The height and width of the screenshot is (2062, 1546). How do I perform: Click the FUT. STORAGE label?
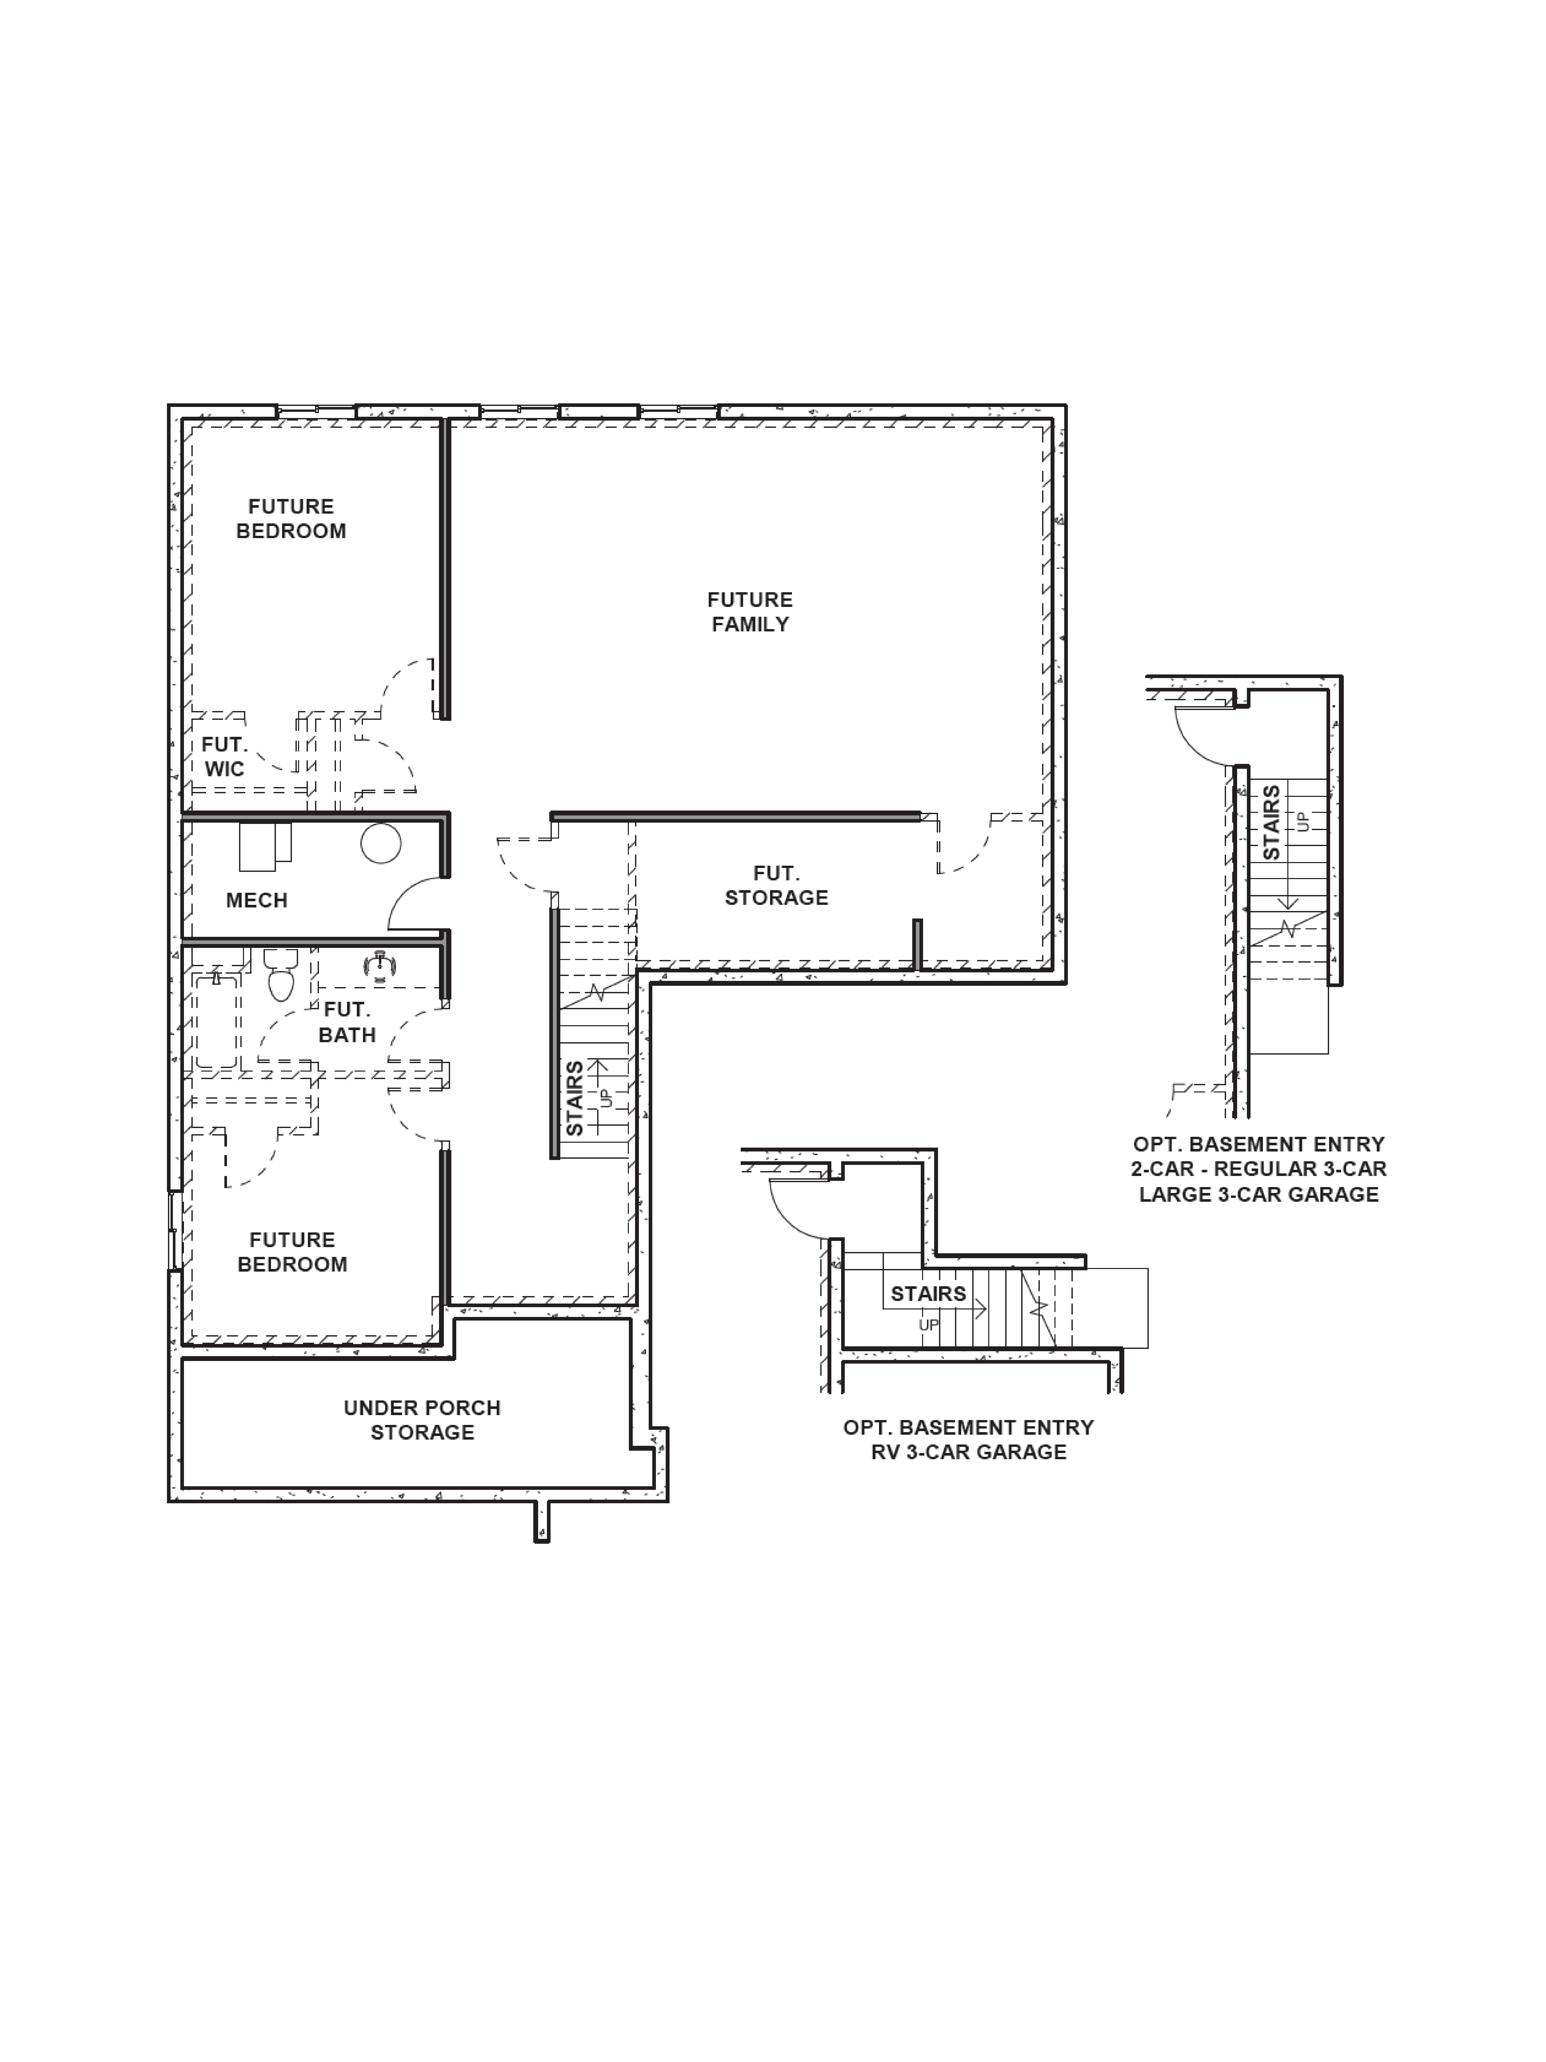pyautogui.click(x=776, y=886)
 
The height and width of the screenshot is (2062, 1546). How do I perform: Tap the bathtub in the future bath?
pyautogui.click(x=217, y=1021)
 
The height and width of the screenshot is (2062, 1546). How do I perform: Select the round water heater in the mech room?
pyautogui.click(x=381, y=844)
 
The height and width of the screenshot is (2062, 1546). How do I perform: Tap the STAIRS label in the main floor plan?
pyautogui.click(x=574, y=1098)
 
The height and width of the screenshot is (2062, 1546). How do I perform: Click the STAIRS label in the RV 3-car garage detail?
pyautogui.click(x=928, y=1294)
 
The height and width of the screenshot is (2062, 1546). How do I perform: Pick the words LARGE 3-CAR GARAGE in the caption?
pyautogui.click(x=1259, y=1194)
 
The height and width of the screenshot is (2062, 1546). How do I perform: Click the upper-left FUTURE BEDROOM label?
pyautogui.click(x=291, y=518)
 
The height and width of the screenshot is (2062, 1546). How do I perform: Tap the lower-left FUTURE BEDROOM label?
pyautogui.click(x=292, y=1252)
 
